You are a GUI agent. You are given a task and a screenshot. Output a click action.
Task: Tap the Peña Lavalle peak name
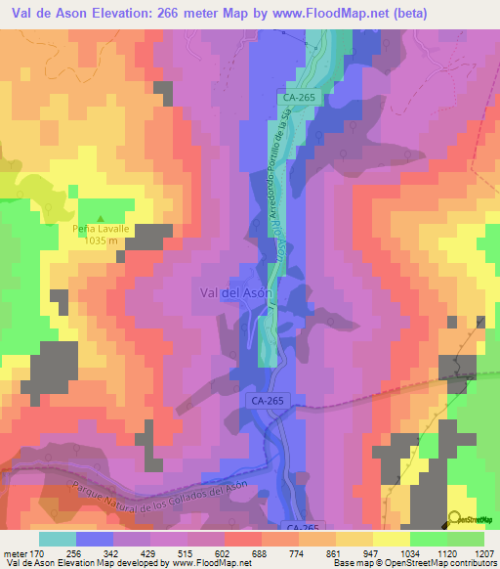tap(101, 229)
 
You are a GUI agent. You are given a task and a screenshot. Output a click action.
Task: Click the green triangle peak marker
tap(102, 218)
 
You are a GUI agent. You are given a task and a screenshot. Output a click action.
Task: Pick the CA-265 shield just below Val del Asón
tap(264, 402)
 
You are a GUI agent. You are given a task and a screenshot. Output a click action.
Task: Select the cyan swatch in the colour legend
tap(57, 539)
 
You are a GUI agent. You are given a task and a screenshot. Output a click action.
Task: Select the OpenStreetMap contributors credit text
tap(443, 562)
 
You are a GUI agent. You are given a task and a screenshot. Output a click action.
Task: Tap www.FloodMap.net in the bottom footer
tap(194, 562)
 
